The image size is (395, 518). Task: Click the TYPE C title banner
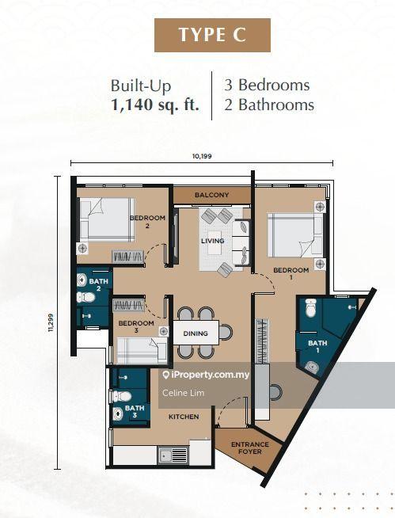tap(212, 35)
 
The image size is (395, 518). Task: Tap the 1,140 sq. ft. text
tap(155, 105)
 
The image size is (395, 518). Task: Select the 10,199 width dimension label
tap(202, 156)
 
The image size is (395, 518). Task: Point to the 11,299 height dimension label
tap(51, 322)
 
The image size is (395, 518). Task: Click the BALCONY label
tap(211, 195)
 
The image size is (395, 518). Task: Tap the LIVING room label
tap(213, 241)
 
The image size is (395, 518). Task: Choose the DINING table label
tap(196, 333)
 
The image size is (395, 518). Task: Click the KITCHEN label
tap(184, 417)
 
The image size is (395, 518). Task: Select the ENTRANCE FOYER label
tap(250, 448)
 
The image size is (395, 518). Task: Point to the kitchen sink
tap(173, 455)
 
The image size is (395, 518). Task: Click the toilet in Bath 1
tap(311, 307)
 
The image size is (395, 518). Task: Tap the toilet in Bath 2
tap(85, 297)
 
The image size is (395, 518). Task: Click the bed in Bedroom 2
tap(107, 219)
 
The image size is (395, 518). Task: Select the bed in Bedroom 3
tap(142, 351)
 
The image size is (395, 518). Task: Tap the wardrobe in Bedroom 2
tap(128, 257)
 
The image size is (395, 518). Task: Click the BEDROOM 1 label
tap(291, 273)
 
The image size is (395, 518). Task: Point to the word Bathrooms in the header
tap(276, 105)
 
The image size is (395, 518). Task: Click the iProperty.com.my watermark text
tap(206, 375)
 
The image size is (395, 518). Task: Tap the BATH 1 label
tap(317, 347)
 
